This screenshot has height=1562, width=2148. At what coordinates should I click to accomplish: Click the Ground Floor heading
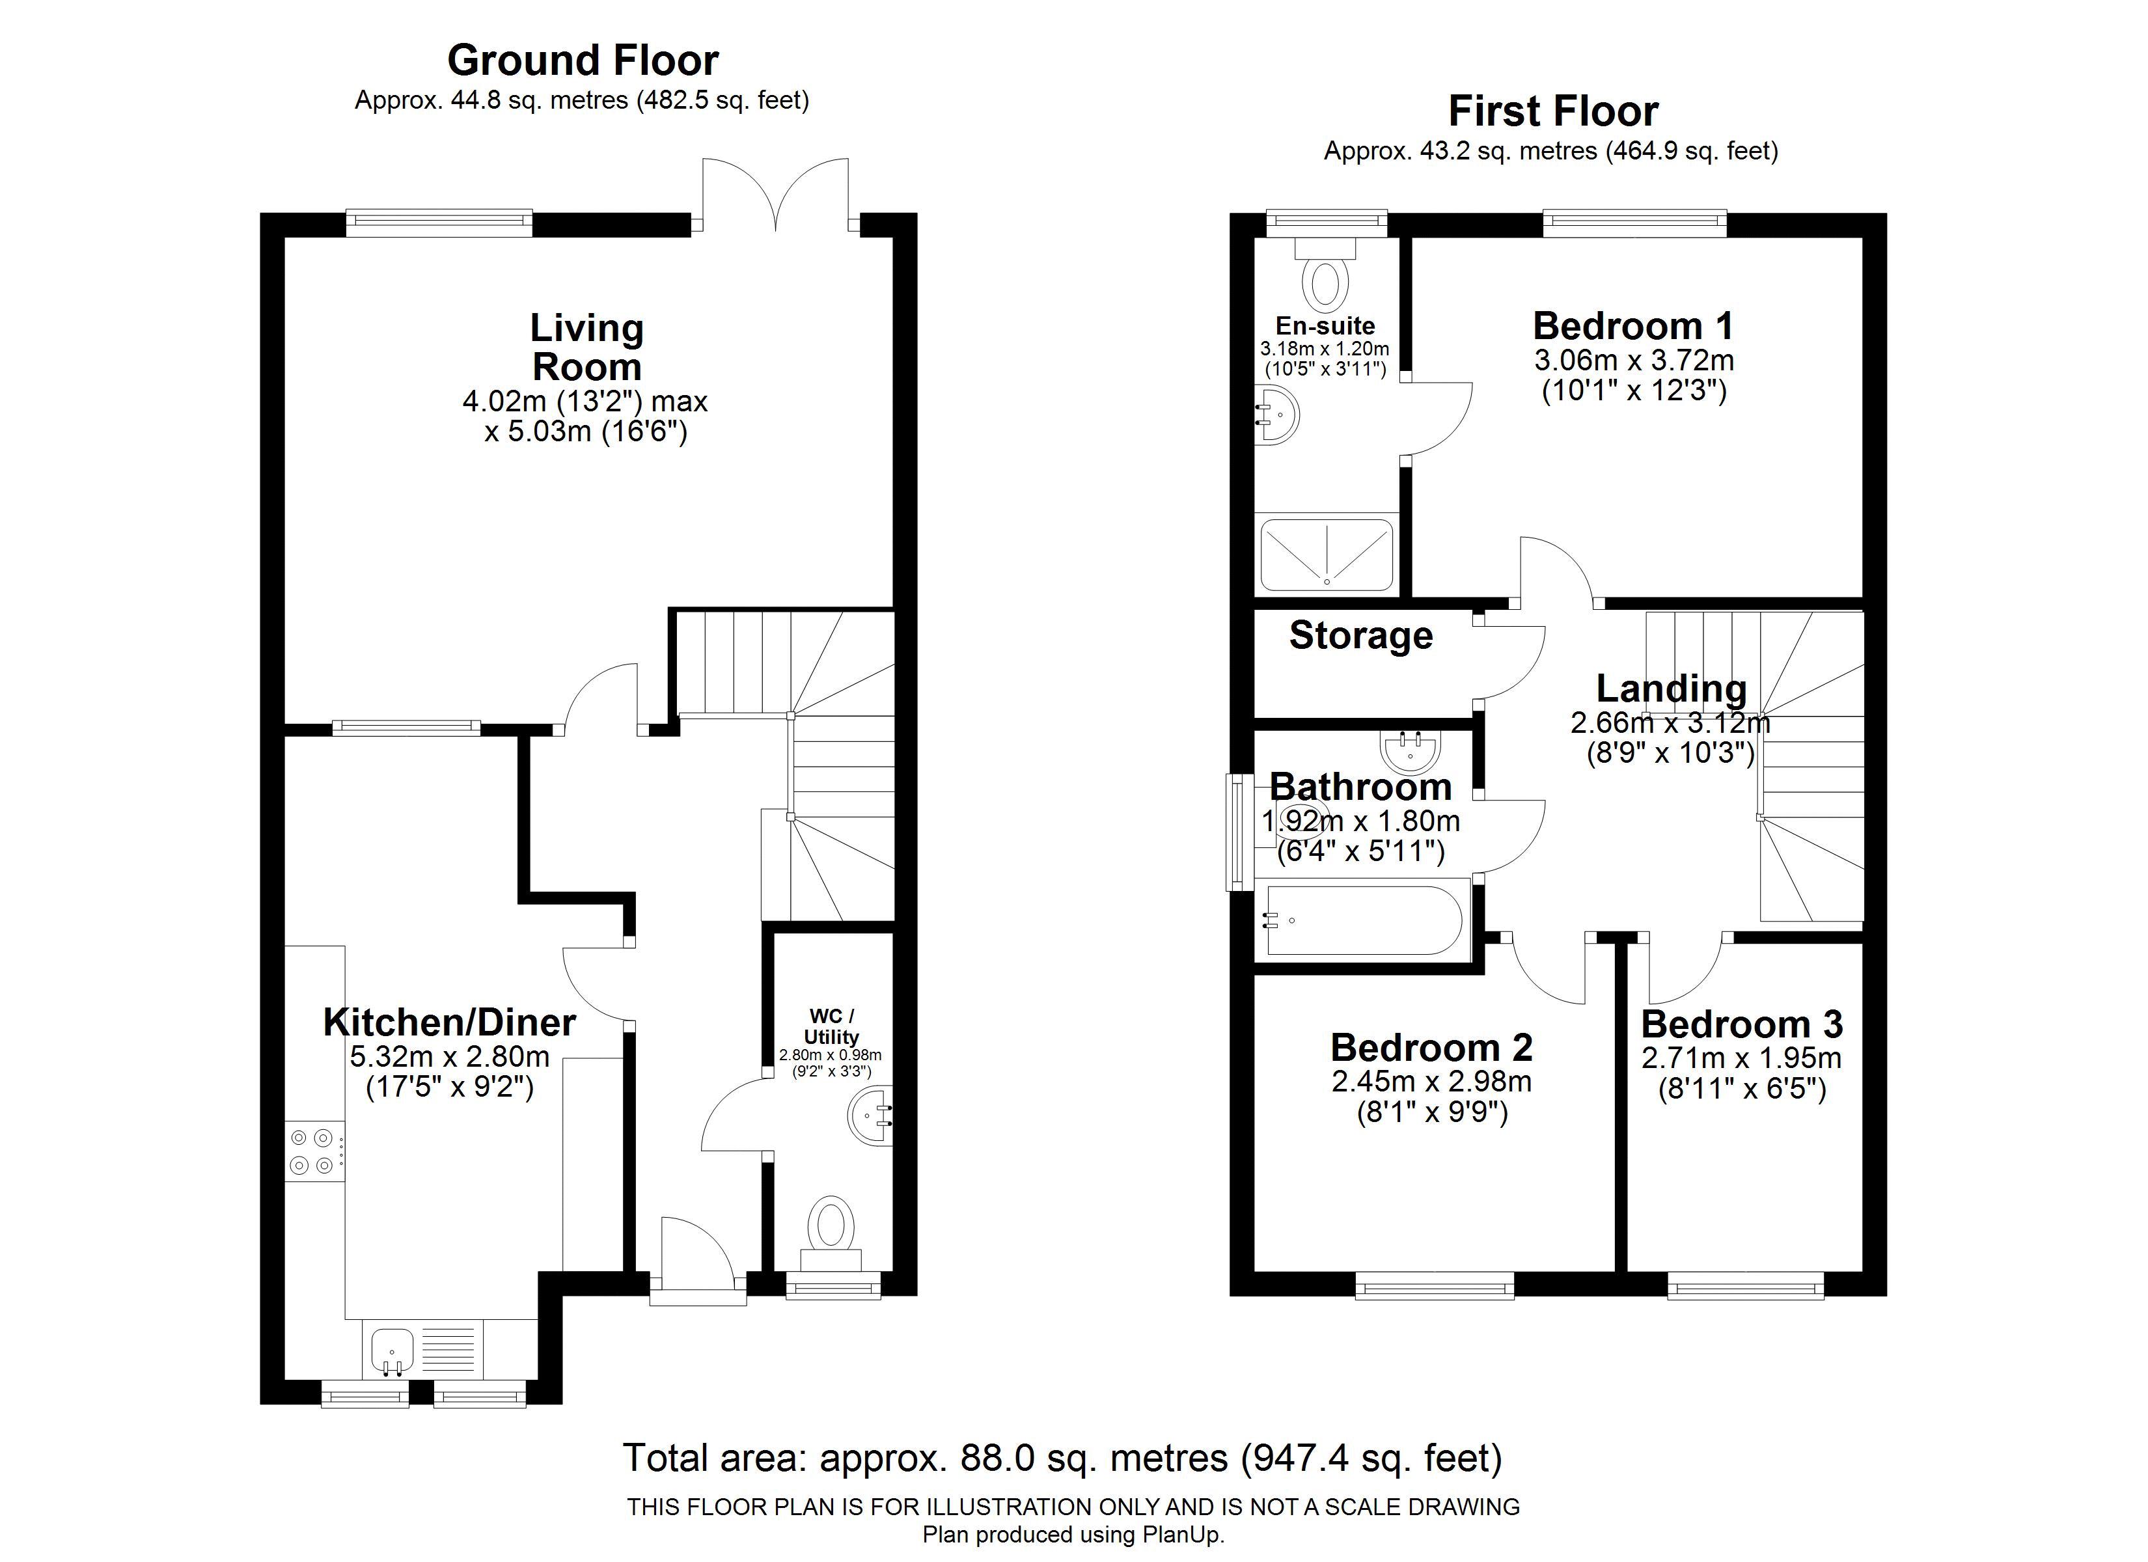[x=583, y=61]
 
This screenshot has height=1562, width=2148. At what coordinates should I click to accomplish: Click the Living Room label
[x=587, y=347]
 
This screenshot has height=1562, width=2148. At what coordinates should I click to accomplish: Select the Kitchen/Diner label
[x=450, y=1022]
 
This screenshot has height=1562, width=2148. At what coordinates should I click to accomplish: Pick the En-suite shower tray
[x=1327, y=553]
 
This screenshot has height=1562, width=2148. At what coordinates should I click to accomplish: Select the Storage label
[x=1361, y=636]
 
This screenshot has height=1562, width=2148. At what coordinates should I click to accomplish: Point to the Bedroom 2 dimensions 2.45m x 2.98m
[x=1432, y=1081]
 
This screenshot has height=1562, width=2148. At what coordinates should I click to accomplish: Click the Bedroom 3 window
[x=1746, y=1285]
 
